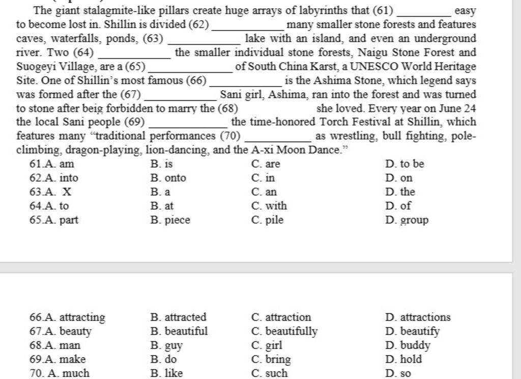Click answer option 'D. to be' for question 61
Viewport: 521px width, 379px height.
(x=404, y=164)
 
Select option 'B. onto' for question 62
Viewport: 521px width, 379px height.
(x=168, y=178)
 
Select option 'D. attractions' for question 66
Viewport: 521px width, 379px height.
(x=418, y=317)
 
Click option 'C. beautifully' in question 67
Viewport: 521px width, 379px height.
(x=284, y=332)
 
